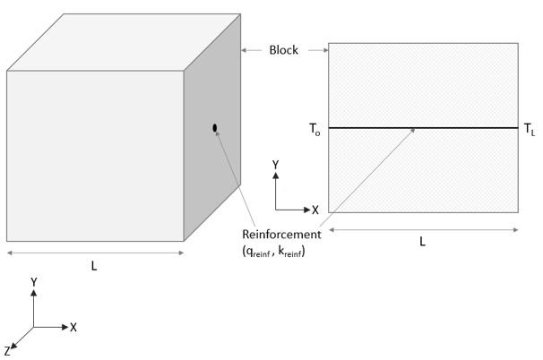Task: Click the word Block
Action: click(x=284, y=50)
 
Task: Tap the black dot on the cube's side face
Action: click(x=215, y=128)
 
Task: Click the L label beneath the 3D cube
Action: click(x=94, y=266)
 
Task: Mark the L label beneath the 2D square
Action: click(x=422, y=242)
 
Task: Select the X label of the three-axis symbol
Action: click(x=73, y=327)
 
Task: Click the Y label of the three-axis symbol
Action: click(x=33, y=281)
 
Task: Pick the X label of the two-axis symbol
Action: click(x=315, y=209)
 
